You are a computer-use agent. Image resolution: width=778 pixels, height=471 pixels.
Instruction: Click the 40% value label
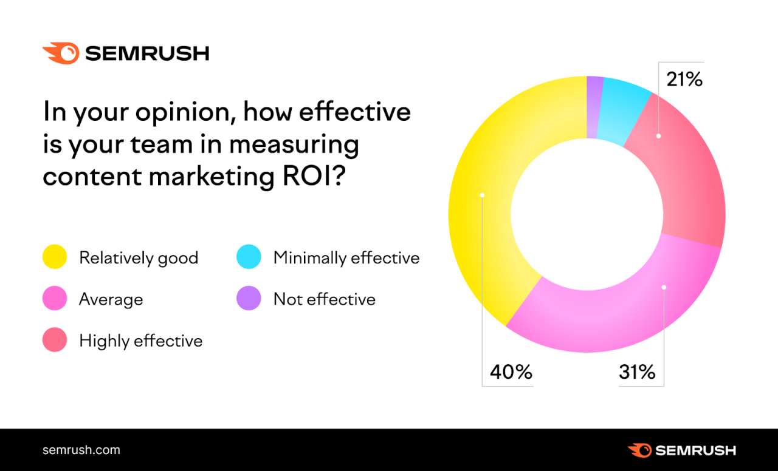[511, 371]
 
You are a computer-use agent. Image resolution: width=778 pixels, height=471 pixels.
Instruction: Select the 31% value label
[637, 371]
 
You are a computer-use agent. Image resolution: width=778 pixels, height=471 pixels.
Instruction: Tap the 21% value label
[684, 79]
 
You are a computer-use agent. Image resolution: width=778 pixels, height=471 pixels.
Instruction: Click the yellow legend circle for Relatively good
[55, 257]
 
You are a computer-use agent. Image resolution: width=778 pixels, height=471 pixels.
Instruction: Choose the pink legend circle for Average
[55, 299]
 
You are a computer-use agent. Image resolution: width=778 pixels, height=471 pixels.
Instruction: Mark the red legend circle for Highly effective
[55, 340]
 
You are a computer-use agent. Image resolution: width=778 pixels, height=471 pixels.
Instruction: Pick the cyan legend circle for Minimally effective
[249, 257]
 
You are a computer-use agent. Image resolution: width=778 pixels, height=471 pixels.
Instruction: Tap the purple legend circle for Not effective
[249, 299]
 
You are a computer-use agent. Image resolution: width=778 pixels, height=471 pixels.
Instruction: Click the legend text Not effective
[324, 299]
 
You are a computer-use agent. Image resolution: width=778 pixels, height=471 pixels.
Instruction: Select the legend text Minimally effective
[346, 258]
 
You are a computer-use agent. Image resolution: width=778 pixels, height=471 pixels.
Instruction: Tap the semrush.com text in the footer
[81, 450]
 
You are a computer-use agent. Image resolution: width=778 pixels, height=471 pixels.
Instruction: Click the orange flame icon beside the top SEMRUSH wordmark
[61, 53]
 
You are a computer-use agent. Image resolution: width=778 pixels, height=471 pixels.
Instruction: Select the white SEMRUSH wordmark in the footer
[695, 450]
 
